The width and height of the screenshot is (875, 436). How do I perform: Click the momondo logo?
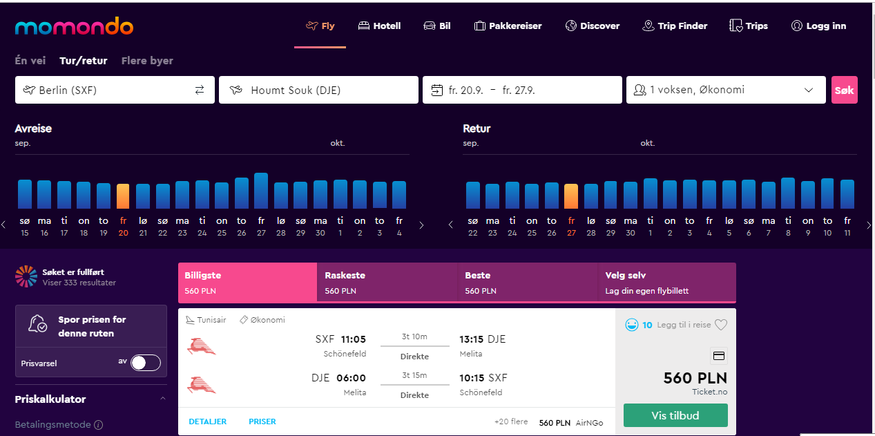(x=74, y=26)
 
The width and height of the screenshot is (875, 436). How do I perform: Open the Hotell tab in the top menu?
(x=379, y=26)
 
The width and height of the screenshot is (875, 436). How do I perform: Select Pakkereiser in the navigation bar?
(x=508, y=26)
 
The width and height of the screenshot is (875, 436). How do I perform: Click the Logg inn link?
(x=819, y=26)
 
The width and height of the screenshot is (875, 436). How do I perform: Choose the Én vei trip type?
(x=30, y=61)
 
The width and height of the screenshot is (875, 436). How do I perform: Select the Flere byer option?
(x=147, y=61)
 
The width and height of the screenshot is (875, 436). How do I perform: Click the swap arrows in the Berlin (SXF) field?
(x=200, y=90)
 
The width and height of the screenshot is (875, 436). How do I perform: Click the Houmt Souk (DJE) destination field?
(x=318, y=90)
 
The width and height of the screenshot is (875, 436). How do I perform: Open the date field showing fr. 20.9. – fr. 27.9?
(x=522, y=90)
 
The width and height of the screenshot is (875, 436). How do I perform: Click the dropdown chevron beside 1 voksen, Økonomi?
(x=809, y=90)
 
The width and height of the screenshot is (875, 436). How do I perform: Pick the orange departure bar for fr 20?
(x=123, y=196)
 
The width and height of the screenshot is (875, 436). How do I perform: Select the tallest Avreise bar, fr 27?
(x=261, y=191)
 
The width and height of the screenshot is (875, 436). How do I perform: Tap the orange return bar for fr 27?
(x=571, y=196)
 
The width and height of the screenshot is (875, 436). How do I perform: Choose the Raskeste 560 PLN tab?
(x=387, y=283)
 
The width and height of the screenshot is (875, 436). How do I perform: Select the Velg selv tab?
(x=667, y=283)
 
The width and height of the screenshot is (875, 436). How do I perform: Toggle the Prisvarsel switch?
(x=146, y=363)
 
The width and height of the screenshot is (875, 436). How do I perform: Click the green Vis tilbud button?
(x=675, y=415)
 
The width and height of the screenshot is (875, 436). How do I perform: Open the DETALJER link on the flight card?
(x=207, y=421)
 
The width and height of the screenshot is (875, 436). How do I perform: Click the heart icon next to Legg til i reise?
(x=721, y=325)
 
